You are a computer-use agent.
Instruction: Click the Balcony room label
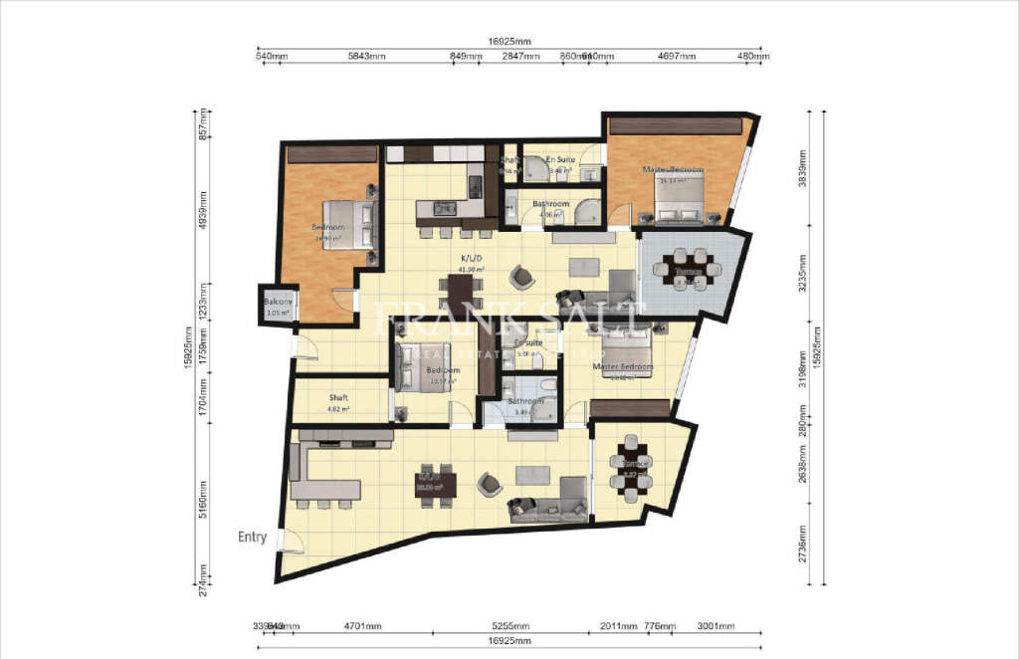(x=278, y=302)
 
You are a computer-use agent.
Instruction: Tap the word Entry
(x=252, y=538)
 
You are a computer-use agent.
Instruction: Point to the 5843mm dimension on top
(x=365, y=57)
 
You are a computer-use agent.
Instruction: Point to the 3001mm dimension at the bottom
(x=714, y=626)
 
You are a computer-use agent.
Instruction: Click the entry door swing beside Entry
(x=292, y=541)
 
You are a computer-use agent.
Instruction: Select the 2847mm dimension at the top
(x=519, y=57)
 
